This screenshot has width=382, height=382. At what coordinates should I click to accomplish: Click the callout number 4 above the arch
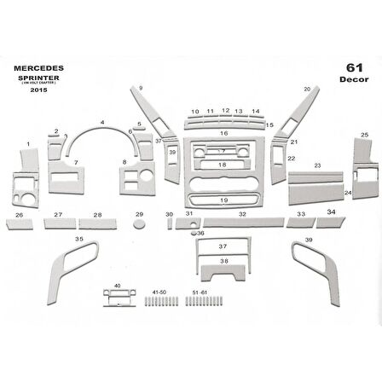(102, 123)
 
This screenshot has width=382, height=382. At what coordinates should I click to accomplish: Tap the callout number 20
(306, 89)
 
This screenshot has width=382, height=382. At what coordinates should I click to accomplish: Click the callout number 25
(364, 135)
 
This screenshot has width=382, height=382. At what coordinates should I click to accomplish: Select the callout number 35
(79, 240)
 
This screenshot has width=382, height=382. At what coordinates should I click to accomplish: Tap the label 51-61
(201, 292)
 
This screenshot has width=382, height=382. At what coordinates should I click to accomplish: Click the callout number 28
(98, 215)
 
